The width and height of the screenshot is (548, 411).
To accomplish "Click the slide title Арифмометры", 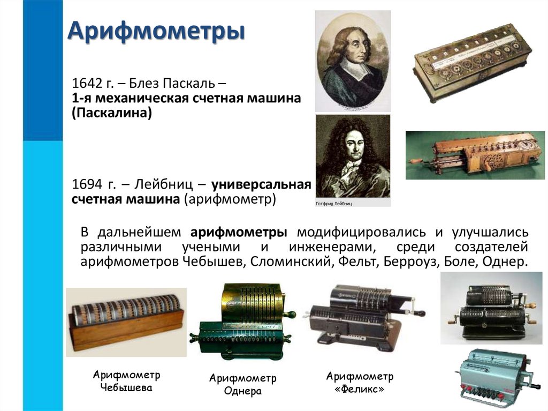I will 156,32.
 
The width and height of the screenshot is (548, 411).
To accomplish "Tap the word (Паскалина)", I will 112,113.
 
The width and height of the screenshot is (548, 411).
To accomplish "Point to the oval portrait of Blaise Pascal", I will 352,62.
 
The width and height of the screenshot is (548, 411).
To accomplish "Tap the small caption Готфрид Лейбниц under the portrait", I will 334,204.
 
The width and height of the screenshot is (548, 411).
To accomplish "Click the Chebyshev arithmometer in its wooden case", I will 126,321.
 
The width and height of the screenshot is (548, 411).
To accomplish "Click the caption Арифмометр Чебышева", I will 126,381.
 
